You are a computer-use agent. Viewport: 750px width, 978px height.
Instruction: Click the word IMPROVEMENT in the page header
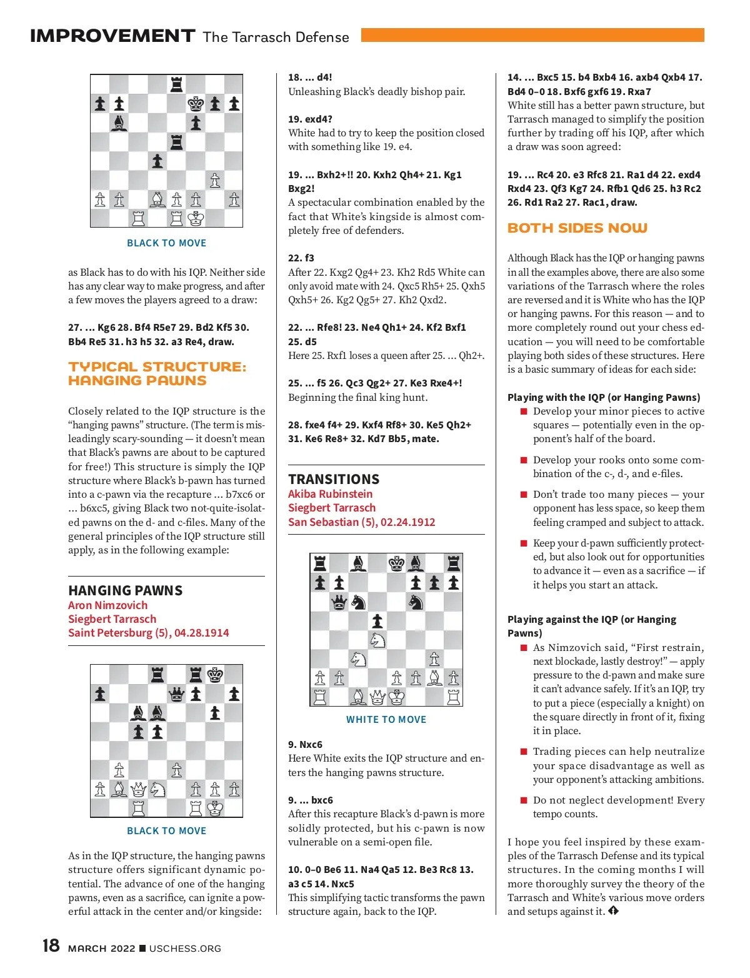tap(112, 36)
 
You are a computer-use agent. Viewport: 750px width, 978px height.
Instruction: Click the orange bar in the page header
tap(532, 35)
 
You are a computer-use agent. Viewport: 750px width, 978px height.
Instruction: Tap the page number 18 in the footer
tap(51, 945)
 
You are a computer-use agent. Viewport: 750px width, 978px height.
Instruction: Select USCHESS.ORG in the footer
tap(185, 949)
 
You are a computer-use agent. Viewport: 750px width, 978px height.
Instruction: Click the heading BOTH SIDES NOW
tap(577, 228)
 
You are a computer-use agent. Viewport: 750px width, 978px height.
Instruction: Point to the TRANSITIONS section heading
tap(334, 480)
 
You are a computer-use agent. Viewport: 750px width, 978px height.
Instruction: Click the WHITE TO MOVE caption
tap(386, 720)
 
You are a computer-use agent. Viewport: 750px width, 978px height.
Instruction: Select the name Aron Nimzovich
tap(108, 605)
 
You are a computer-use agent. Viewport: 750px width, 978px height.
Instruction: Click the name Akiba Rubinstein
tap(330, 494)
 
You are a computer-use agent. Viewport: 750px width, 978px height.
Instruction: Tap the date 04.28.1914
tap(202, 633)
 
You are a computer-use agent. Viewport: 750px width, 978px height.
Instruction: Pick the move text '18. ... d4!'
tap(310, 78)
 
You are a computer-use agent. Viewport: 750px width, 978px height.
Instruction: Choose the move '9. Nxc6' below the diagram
tap(305, 745)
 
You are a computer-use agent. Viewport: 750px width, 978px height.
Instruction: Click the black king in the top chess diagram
tap(196, 103)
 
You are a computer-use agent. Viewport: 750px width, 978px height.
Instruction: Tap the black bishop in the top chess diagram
tap(119, 123)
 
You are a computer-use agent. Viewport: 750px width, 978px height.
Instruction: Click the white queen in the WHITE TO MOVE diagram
tap(377, 697)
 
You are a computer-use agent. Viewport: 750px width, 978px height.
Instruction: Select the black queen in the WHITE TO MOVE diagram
tap(339, 602)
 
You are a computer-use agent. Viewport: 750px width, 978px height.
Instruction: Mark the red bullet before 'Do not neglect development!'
tap(524, 800)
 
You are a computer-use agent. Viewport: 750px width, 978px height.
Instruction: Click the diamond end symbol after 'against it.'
tap(613, 911)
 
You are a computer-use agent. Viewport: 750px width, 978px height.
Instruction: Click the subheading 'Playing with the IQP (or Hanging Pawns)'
tap(604, 398)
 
